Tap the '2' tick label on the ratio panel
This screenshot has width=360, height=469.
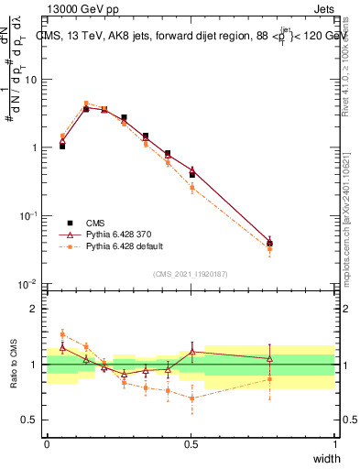point(34,309)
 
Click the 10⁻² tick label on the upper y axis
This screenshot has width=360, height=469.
point(28,284)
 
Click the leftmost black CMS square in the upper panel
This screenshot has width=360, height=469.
point(62,146)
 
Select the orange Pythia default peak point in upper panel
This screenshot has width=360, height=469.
point(86,104)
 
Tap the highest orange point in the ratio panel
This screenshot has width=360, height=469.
point(62,333)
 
